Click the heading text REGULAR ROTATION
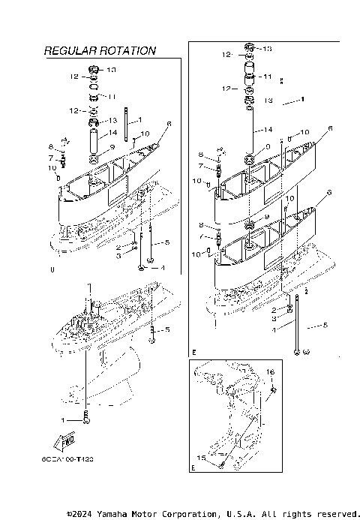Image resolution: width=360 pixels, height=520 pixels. tap(100, 51)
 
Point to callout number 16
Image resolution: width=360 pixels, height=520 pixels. tap(271, 371)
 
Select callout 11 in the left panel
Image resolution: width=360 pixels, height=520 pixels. tap(112, 97)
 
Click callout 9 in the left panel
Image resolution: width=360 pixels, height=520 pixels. tap(112, 147)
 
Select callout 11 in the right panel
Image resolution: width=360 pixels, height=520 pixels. tap(266, 77)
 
